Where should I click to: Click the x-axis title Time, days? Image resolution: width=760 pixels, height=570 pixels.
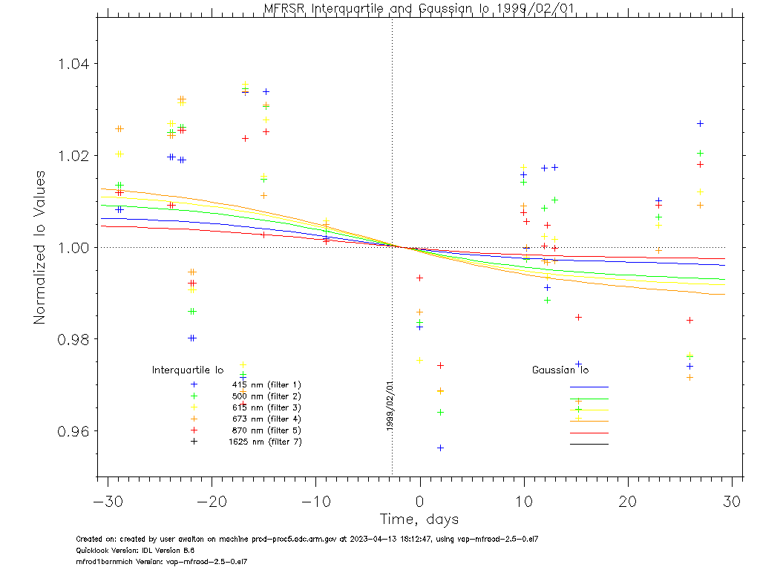coord(419,519)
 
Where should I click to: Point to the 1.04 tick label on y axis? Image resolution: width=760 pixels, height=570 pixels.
coord(73,64)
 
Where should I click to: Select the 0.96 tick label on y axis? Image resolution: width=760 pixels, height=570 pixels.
coord(73,431)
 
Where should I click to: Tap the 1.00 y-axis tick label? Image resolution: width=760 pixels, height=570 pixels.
coord(73,248)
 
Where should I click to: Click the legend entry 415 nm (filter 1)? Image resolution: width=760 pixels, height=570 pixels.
coord(266,384)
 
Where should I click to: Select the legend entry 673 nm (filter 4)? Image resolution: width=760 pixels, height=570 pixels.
coord(266,419)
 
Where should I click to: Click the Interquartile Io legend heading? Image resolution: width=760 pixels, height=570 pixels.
coord(188,370)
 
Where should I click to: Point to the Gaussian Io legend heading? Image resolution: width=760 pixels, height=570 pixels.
coord(560,370)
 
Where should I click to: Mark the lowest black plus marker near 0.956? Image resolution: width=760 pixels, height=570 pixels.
coord(440,448)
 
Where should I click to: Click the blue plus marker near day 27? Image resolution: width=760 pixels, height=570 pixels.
coord(700,123)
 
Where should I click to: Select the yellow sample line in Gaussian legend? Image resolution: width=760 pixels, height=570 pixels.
coord(589,410)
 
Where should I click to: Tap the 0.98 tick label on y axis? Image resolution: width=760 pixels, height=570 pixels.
coord(73,339)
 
